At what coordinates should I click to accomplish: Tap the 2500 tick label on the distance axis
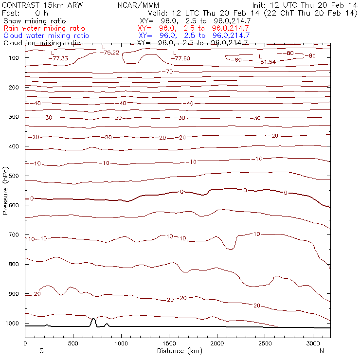(264, 343)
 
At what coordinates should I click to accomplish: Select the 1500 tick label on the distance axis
(168, 343)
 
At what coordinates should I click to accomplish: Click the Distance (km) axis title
(178, 350)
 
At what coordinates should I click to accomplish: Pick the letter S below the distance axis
(41, 350)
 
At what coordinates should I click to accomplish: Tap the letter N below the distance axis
(322, 350)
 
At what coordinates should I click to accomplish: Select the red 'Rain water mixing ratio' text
(44, 28)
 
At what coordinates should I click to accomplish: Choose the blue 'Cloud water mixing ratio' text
(46, 36)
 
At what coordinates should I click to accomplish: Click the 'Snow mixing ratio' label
(35, 21)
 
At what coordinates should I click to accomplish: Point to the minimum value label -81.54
(268, 62)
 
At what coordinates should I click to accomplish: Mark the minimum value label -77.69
(180, 58)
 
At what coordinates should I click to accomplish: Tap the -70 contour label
(168, 72)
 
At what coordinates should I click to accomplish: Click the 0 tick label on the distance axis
(25, 343)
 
